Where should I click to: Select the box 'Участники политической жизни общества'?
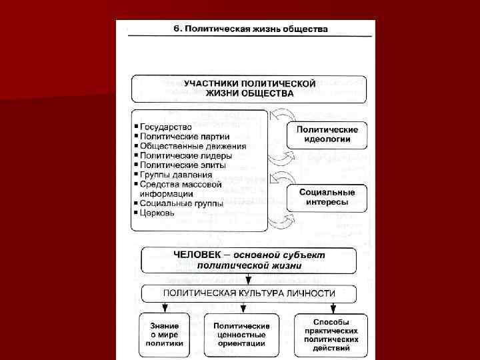pos(249,88)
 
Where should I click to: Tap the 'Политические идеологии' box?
pos(327,135)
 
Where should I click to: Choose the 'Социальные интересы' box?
pos(327,197)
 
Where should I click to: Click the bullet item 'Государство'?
pos(166,127)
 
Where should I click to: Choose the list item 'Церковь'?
pos(157,213)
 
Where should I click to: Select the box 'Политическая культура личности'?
pos(249,293)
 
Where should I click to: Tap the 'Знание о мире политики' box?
pos(164,335)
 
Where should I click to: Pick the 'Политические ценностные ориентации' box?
pos(242,335)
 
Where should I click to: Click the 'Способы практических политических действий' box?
pos(331,335)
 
